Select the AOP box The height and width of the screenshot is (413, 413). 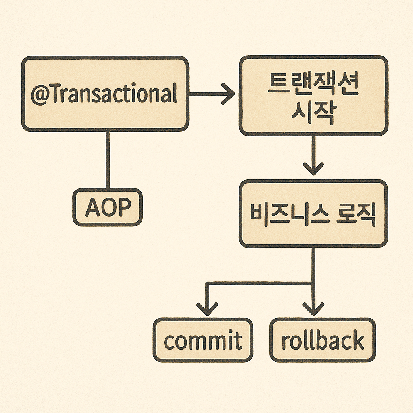(108, 207)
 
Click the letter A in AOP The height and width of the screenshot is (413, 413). (92, 207)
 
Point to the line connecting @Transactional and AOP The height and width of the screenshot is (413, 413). (108, 160)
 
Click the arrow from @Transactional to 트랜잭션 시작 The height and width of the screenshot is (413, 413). (212, 94)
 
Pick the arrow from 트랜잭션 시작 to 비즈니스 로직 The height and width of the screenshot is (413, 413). (313, 155)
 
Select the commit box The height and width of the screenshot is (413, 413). (203, 340)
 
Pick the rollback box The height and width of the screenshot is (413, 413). (323, 340)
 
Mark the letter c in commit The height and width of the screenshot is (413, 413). (169, 342)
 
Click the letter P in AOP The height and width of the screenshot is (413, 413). (124, 207)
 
